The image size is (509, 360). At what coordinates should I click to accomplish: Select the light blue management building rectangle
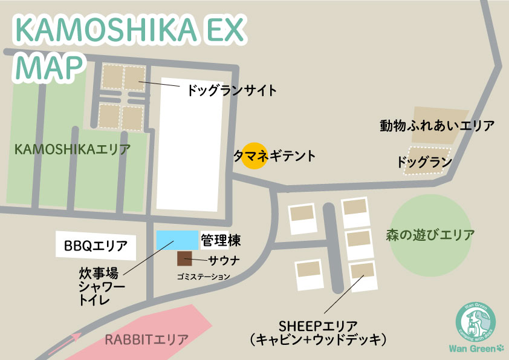(177, 240)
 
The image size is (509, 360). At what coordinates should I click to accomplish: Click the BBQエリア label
(96, 246)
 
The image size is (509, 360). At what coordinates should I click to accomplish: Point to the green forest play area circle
(430, 234)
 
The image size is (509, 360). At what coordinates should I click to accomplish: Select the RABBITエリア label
(146, 339)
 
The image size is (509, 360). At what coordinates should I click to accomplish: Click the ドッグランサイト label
(232, 91)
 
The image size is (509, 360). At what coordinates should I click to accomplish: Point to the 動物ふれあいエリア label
(437, 126)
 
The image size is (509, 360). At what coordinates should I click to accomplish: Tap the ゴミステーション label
(204, 277)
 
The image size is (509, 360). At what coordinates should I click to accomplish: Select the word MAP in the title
(50, 65)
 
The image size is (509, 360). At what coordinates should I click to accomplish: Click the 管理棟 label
(221, 241)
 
